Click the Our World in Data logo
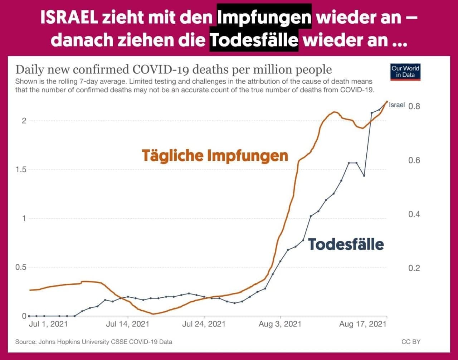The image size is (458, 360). [405, 72]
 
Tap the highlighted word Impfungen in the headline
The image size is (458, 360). [264, 17]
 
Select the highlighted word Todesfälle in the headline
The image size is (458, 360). [254, 40]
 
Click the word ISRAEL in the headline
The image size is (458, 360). [69, 17]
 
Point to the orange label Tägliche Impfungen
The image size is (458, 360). [215, 156]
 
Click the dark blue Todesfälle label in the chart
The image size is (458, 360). [346, 244]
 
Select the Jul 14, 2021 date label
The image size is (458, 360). [128, 324]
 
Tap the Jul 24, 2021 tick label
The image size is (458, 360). [204, 324]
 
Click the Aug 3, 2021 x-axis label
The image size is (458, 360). [280, 324]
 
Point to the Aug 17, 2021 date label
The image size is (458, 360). [363, 324]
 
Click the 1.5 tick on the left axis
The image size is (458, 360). [22, 169]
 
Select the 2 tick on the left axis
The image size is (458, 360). [24, 121]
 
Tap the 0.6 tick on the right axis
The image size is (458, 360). [414, 160]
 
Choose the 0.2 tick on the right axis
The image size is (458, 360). [414, 268]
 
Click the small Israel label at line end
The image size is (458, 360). [397, 105]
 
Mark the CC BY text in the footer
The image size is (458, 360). [411, 342]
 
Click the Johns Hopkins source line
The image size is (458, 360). [94, 342]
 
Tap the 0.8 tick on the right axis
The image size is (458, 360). [414, 106]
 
